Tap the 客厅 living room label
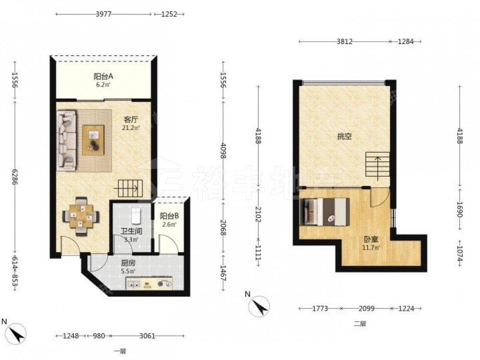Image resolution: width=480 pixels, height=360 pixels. click(x=131, y=119)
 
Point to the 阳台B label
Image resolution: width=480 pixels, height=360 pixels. click(x=169, y=216)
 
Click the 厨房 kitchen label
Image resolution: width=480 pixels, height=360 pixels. click(x=128, y=263)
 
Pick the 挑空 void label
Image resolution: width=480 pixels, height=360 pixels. click(x=344, y=136)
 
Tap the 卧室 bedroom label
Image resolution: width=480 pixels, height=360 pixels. click(x=371, y=240)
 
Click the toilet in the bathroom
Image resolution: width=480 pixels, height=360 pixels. click(x=136, y=216)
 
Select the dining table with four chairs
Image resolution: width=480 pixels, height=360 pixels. click(x=81, y=216)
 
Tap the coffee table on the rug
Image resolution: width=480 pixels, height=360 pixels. click(x=94, y=140)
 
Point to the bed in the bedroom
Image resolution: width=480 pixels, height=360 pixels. click(x=326, y=212)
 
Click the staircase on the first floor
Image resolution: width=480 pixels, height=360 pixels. click(x=131, y=188)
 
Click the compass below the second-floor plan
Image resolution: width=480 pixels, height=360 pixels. click(x=259, y=306)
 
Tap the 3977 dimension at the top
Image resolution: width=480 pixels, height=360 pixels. click(x=104, y=14)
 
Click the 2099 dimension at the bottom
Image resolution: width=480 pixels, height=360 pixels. click(x=366, y=309)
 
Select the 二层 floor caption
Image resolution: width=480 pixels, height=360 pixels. click(x=360, y=324)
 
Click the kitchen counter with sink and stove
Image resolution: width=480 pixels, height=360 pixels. click(x=149, y=284)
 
